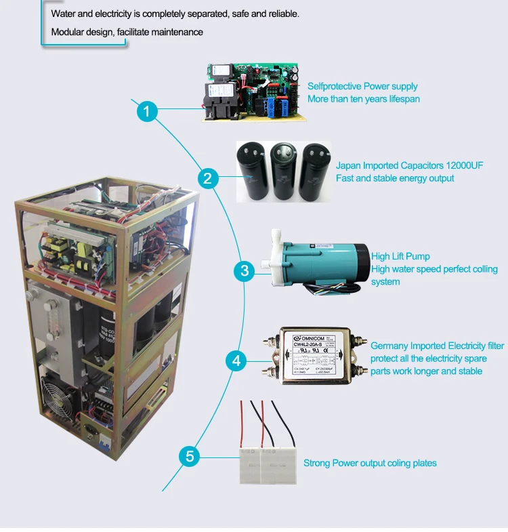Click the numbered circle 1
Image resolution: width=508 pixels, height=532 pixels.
coord(147,111)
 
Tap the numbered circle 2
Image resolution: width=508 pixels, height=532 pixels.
coord(208,179)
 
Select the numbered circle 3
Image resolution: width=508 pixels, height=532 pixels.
coord(244,271)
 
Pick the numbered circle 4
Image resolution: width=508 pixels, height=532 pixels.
coord(236,361)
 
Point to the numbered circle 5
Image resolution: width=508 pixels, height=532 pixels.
coord(190,455)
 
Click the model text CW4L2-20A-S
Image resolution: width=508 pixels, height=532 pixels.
coord(312,346)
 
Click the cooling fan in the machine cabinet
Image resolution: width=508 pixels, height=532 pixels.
coord(54,398)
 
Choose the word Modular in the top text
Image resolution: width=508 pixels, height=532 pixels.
coord(67,32)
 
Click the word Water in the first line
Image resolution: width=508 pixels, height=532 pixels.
coord(64,14)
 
